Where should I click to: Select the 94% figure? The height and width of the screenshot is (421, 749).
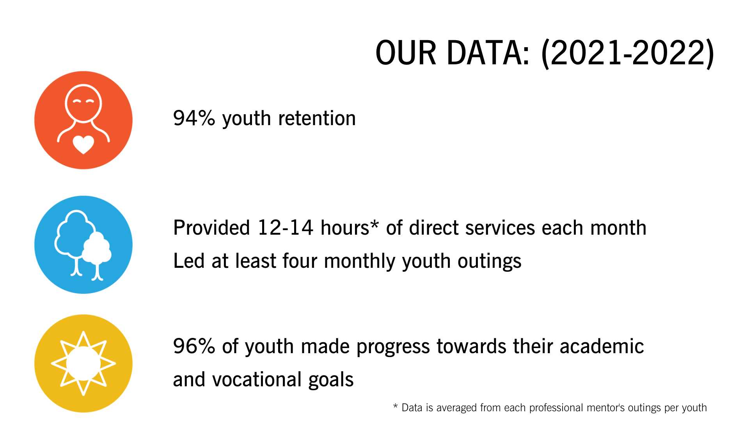194,118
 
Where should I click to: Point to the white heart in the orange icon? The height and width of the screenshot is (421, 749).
83,144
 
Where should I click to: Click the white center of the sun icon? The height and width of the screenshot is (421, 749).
83,363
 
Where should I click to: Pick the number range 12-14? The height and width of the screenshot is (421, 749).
285,228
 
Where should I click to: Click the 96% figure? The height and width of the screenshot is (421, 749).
194,346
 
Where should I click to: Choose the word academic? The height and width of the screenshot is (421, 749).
602,346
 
